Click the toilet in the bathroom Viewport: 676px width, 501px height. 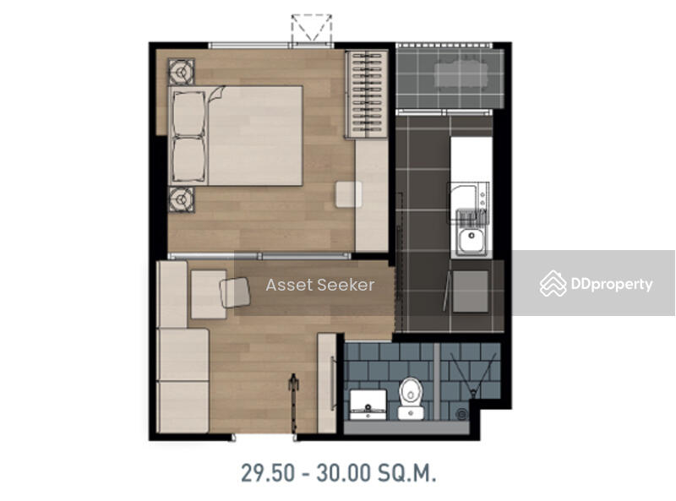coord(411,398)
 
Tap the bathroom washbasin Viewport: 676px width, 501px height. coord(368,405)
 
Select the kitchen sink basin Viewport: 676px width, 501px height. coord(472,241)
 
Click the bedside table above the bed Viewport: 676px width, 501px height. coord(181,71)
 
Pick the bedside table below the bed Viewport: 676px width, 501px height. coord(181,199)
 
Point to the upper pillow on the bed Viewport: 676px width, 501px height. coord(188,114)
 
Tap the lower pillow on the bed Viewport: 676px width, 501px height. coord(188,159)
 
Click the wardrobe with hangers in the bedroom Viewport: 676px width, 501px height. coord(367,95)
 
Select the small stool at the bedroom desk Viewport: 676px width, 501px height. coord(349,194)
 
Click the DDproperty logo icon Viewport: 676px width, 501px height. coord(553,284)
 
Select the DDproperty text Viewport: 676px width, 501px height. coord(612,284)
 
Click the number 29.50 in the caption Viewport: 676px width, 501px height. coord(267,473)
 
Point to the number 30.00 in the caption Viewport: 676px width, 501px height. coord(344,473)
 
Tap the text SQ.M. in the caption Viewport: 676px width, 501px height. coord(407,473)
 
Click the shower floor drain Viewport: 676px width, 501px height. coord(461,414)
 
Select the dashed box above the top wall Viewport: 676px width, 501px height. coord(312,28)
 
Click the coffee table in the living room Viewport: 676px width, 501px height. coord(209,295)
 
